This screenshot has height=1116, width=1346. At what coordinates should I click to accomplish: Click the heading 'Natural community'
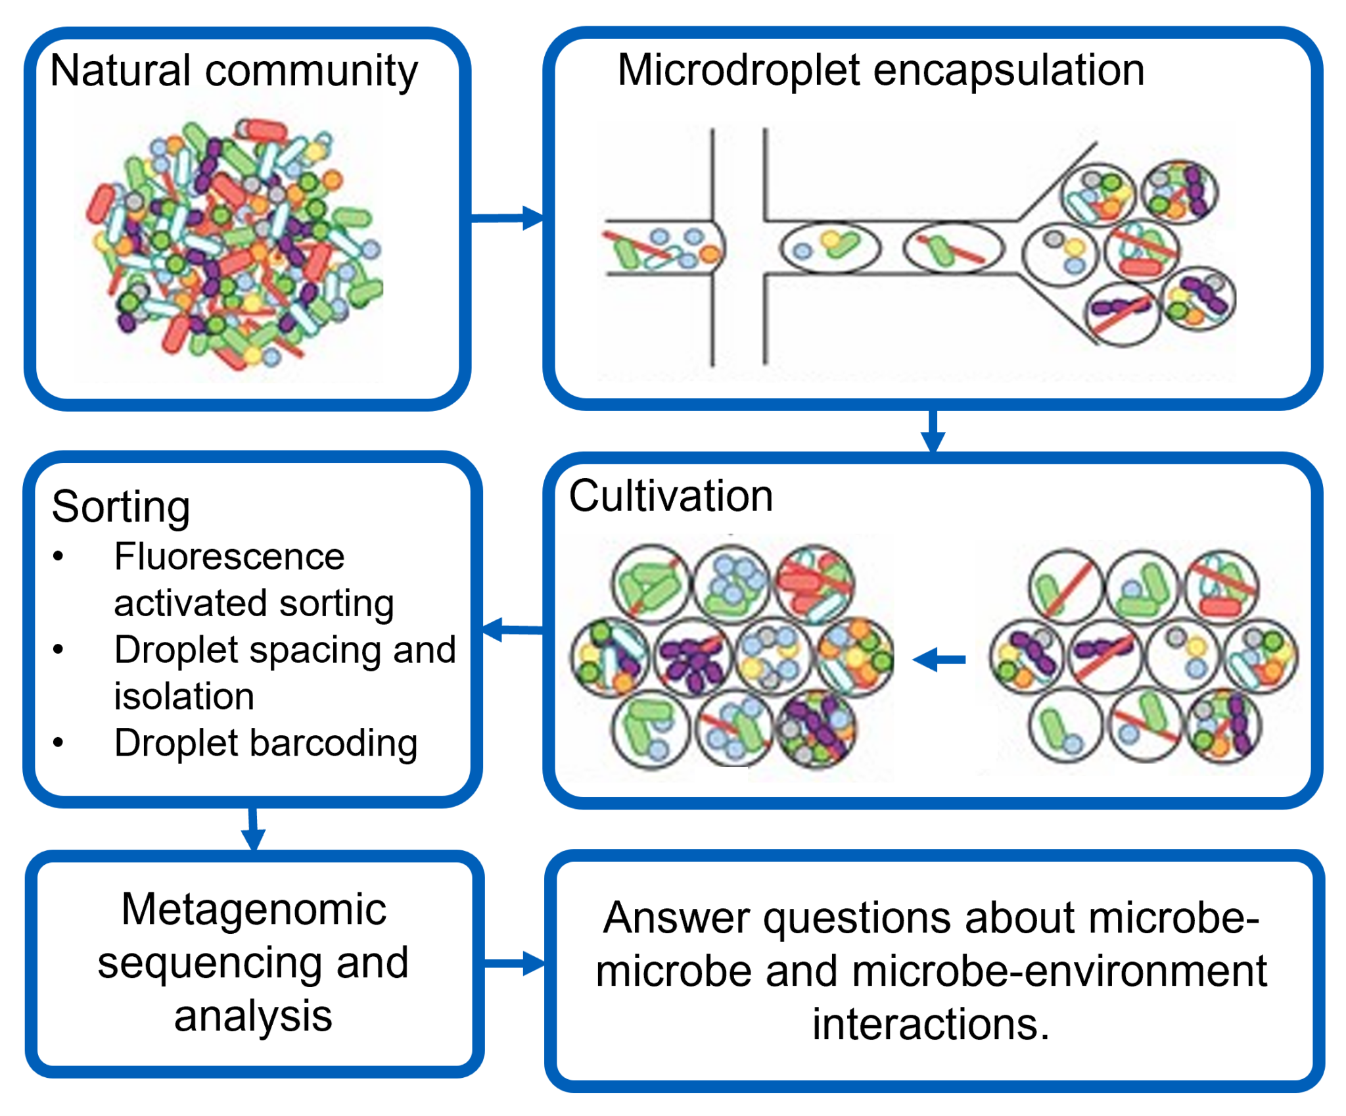[x=233, y=70]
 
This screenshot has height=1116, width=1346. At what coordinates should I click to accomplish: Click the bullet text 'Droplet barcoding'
[x=266, y=742]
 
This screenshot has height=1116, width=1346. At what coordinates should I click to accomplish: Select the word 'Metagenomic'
[x=254, y=909]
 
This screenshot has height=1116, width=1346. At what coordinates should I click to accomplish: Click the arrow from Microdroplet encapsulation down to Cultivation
[x=933, y=431]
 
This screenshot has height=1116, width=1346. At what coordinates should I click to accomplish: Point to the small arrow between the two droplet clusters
[x=940, y=659]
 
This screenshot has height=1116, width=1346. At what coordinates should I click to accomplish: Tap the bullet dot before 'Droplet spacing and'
[x=58, y=650]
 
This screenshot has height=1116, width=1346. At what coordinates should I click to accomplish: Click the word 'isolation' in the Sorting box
[x=184, y=696]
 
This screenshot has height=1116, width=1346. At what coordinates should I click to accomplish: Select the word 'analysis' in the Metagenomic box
[x=253, y=1015]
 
